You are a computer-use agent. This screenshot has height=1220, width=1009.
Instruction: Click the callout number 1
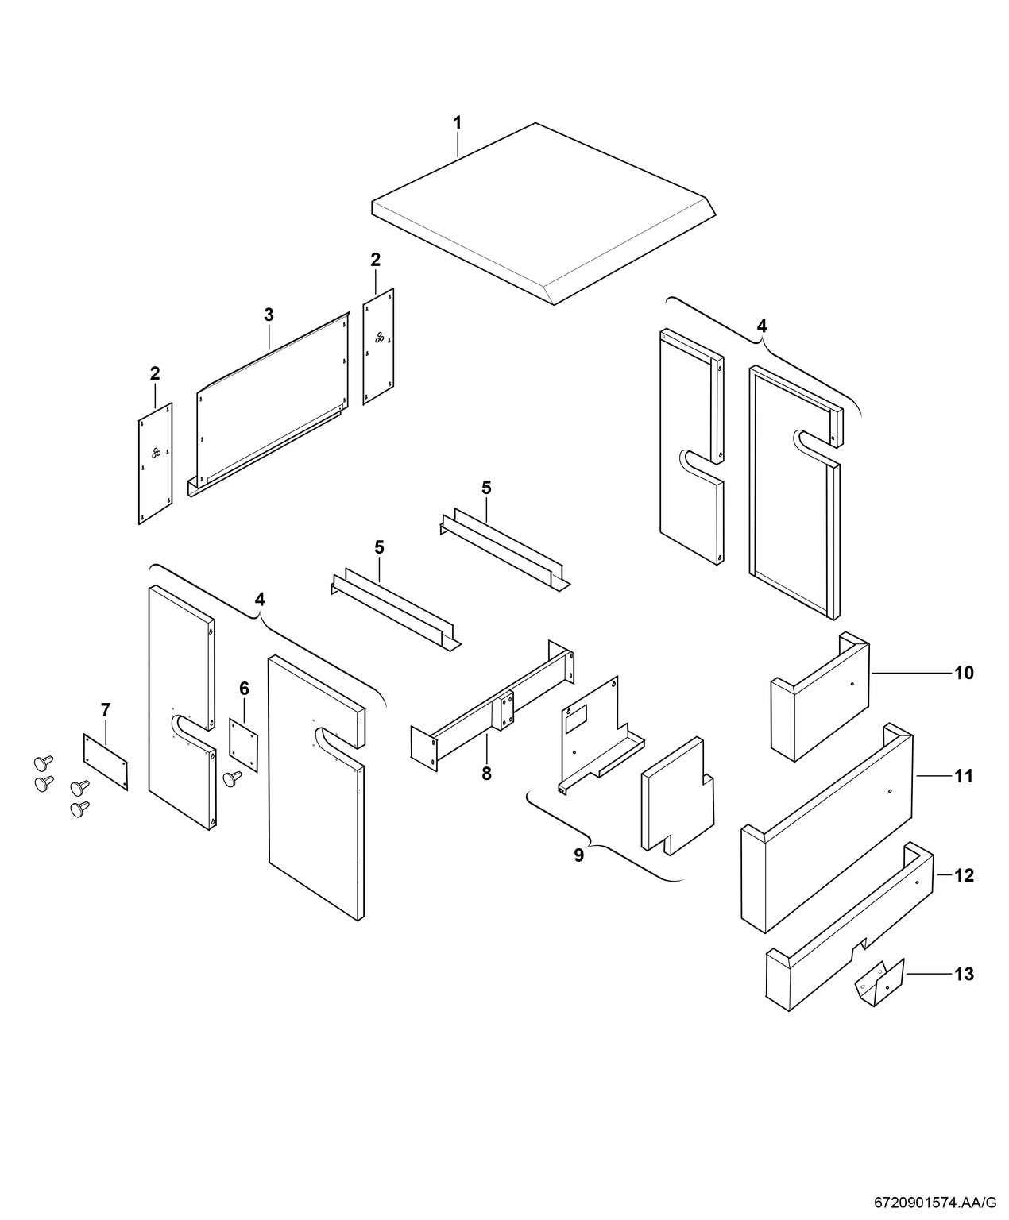coord(457,123)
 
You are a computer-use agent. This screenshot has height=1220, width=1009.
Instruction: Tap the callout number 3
coord(269,315)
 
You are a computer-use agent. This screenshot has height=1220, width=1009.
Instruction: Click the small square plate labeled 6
coord(244,743)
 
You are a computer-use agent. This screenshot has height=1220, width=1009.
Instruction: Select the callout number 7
coord(106,708)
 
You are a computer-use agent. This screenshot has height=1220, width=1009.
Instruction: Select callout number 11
coord(963,775)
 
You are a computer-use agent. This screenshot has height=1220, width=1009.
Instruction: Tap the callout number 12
coord(963,876)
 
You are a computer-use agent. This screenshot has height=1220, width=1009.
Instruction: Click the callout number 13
coord(963,974)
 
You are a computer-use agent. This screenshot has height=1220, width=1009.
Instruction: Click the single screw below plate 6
coord(233,778)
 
